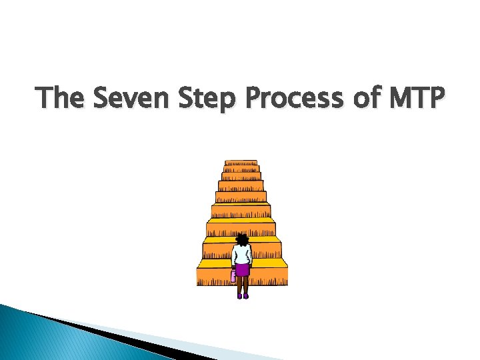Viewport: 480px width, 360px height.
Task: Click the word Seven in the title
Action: pyautogui.click(x=123, y=99)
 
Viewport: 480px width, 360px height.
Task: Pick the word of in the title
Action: pyautogui.click(x=358, y=99)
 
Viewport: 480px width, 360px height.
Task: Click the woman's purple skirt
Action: pyautogui.click(x=242, y=269)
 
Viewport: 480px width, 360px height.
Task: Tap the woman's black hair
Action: pyautogui.click(x=242, y=239)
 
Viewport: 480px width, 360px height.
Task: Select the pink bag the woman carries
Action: pyautogui.click(x=233, y=275)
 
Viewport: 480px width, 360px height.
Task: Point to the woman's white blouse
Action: pyautogui.click(x=242, y=254)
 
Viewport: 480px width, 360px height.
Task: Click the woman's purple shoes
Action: pyautogui.click(x=242, y=295)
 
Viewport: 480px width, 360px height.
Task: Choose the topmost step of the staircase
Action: pyautogui.click(x=241, y=163)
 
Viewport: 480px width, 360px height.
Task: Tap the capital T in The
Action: pyautogui.click(x=45, y=99)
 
